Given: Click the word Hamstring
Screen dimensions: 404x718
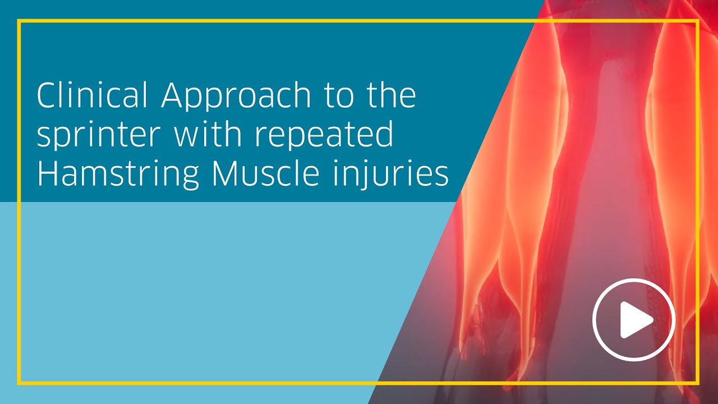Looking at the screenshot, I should [x=117, y=175].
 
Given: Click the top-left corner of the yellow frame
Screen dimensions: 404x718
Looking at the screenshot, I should [x=19, y=21].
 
